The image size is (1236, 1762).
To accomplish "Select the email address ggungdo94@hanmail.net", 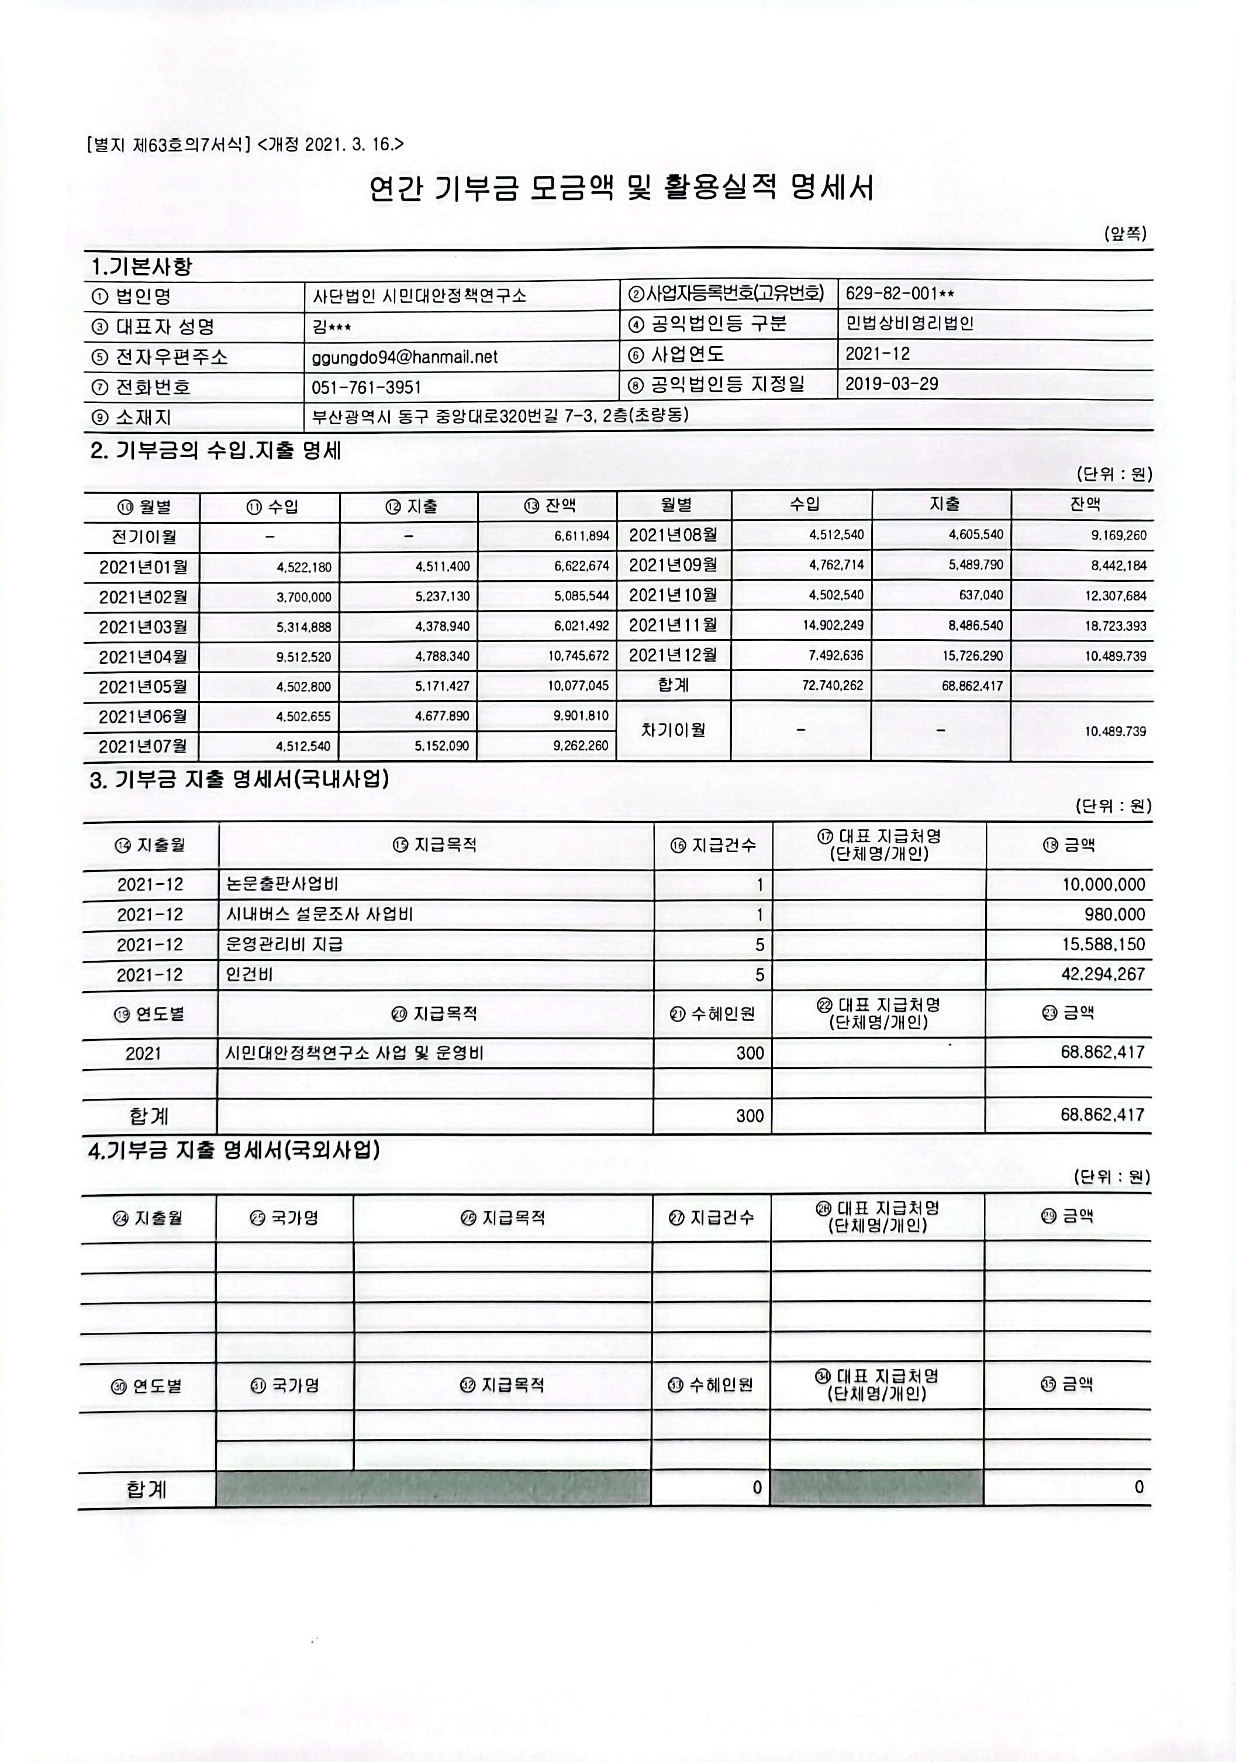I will [405, 357].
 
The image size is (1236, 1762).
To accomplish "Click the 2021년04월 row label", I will [143, 657].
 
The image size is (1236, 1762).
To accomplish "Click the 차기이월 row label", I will [673, 730].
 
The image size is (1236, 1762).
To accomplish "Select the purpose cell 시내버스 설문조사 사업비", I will [319, 914].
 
